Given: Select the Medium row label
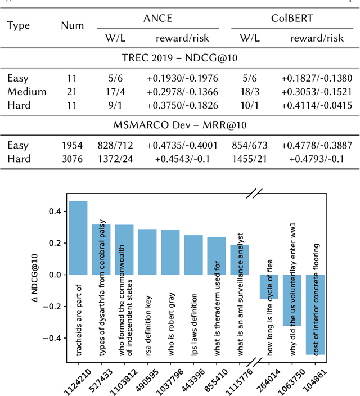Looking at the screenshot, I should coord(26,92).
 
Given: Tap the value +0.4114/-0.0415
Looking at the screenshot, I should coord(317,105).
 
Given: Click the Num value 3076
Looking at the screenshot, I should coord(72,159).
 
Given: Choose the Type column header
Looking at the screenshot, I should coord(19,26).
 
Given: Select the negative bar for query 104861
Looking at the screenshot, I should coord(315,315).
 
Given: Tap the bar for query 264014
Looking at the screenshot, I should coord(269,287).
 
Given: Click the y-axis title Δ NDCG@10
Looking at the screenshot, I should coord(37,275).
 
